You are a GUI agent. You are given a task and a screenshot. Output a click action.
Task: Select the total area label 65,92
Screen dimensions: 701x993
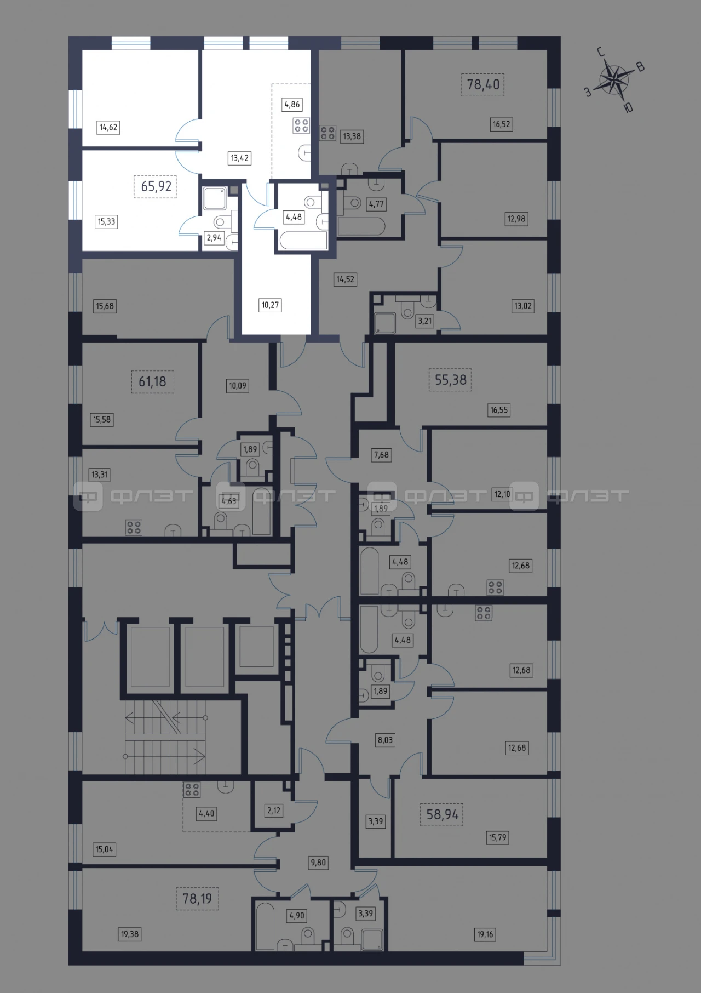point(156,186)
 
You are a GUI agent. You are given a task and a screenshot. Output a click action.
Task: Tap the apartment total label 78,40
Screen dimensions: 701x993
point(482,84)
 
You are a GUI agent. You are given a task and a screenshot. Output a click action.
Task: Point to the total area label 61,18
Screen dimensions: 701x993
point(152,381)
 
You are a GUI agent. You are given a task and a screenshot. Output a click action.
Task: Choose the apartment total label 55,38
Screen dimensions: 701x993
point(450,379)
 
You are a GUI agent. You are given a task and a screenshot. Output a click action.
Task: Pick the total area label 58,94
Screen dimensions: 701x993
point(442,814)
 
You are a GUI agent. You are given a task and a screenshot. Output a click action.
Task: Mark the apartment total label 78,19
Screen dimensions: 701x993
point(197,899)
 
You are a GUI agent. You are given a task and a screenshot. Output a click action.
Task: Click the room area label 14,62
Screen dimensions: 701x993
point(108,127)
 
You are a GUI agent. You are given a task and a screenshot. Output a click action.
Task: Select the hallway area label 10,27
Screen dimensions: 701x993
point(270,305)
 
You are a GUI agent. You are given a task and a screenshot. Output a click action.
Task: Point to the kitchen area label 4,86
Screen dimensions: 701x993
point(292,104)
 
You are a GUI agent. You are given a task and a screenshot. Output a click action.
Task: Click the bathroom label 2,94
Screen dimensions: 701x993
point(213,238)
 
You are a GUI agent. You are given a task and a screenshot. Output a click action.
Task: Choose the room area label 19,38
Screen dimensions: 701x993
point(130,934)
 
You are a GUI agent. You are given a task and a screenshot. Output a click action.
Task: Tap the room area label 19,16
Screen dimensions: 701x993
point(485,934)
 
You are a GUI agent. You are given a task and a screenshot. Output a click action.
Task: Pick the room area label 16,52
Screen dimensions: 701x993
point(501,124)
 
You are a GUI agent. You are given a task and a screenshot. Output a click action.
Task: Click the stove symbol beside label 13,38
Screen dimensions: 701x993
point(328,133)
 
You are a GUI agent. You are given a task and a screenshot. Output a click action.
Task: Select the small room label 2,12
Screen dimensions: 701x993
point(274,811)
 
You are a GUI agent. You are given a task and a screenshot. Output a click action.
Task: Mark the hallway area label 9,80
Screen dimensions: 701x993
point(318,862)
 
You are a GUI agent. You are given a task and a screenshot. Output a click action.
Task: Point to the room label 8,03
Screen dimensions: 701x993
point(385,740)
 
